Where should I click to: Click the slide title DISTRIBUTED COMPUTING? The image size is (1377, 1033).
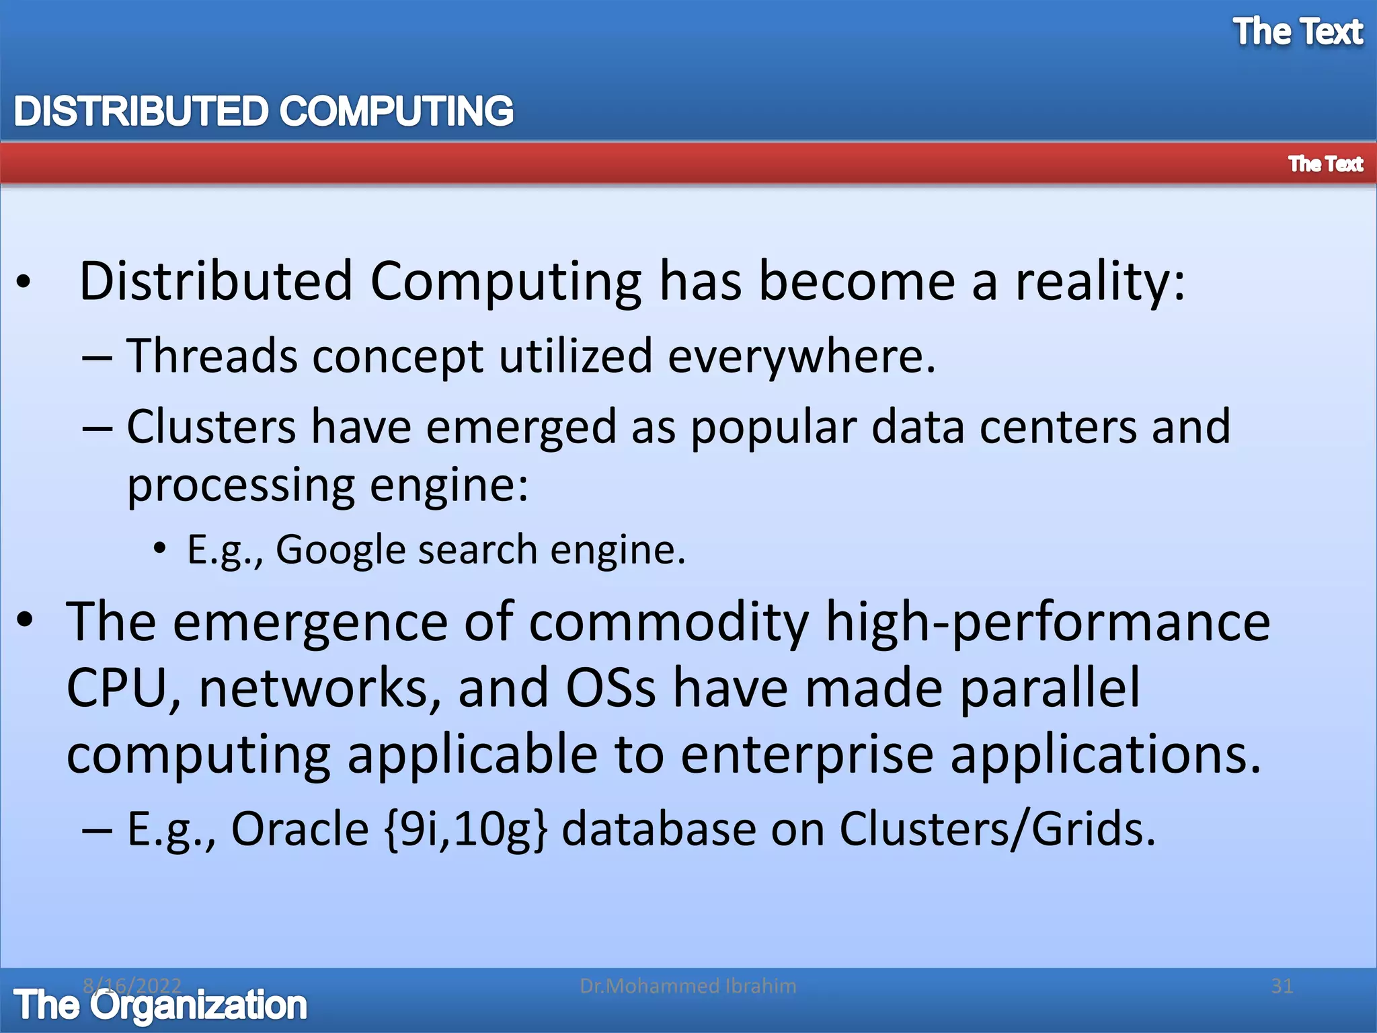click(x=264, y=111)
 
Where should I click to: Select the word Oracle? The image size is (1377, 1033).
click(x=300, y=828)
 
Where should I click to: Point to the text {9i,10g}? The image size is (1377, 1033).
click(x=465, y=828)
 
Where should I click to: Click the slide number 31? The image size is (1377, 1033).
click(x=1282, y=986)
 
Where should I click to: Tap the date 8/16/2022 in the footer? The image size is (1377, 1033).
click(x=132, y=985)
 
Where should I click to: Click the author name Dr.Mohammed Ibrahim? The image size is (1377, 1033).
click(x=688, y=986)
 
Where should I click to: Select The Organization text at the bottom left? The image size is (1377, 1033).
click(x=160, y=1005)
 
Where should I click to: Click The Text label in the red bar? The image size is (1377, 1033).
click(x=1325, y=163)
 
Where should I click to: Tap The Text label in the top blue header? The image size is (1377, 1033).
click(x=1298, y=32)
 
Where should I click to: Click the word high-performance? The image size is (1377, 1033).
click(x=1047, y=622)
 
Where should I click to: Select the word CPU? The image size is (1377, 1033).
click(x=116, y=687)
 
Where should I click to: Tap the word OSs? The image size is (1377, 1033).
click(x=611, y=687)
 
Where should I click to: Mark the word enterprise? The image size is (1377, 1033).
click(x=808, y=755)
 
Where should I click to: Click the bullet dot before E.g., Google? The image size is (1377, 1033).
click(x=159, y=549)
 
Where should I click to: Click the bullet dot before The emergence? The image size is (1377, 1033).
click(x=25, y=619)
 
